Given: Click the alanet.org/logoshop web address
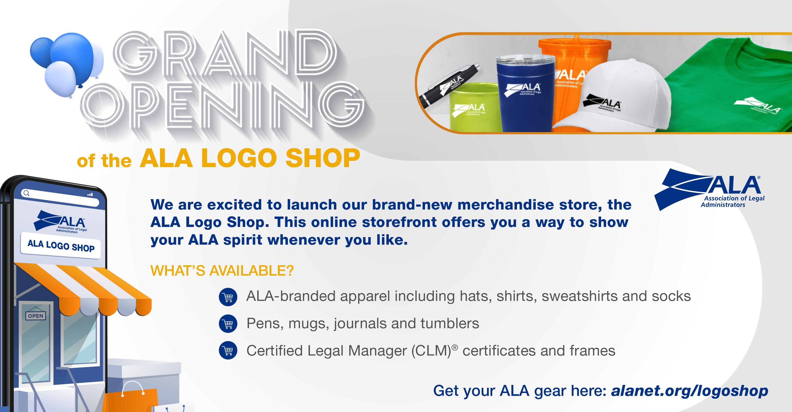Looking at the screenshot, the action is pos(689,391).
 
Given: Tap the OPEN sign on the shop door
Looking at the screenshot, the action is pos(36,315).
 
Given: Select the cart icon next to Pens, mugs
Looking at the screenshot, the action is pos(228,324).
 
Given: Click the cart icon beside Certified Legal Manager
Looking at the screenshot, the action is pos(228,351).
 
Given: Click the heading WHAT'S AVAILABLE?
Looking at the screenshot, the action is pos(222,271).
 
